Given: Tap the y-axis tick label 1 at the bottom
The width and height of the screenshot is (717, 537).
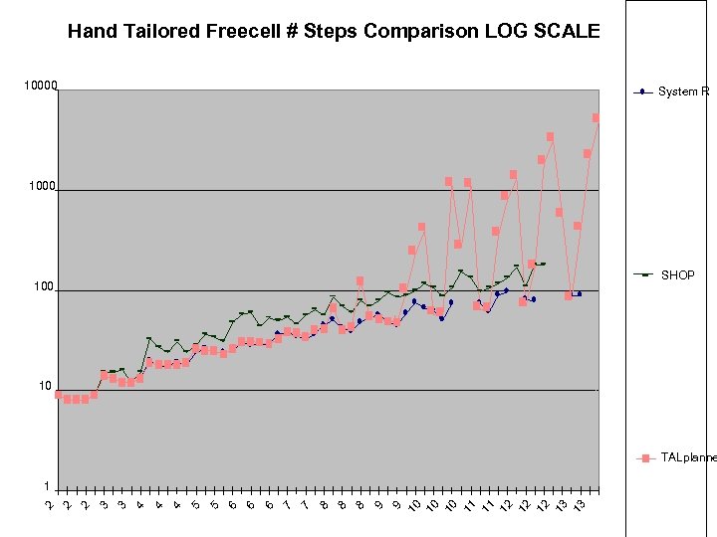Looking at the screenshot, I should (x=47, y=486).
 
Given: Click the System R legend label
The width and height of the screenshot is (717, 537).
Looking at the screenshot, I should (x=684, y=92).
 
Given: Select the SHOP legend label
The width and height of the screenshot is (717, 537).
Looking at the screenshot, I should (x=678, y=275).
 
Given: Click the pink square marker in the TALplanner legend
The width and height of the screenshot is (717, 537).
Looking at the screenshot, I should (x=645, y=458).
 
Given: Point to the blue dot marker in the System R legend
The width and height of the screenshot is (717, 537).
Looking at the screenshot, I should (x=643, y=92).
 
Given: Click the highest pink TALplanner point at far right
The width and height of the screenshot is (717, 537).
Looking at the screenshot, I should (x=596, y=118).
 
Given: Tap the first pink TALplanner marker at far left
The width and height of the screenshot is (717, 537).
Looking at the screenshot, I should (x=59, y=395).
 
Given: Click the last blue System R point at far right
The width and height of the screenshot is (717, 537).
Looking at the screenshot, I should (x=579, y=293).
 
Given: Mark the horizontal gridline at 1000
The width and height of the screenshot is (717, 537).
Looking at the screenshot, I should (x=329, y=190).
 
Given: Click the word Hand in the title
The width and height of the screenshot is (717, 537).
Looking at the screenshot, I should (x=88, y=31).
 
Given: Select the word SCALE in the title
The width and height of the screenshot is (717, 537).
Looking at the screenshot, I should (x=568, y=31).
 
